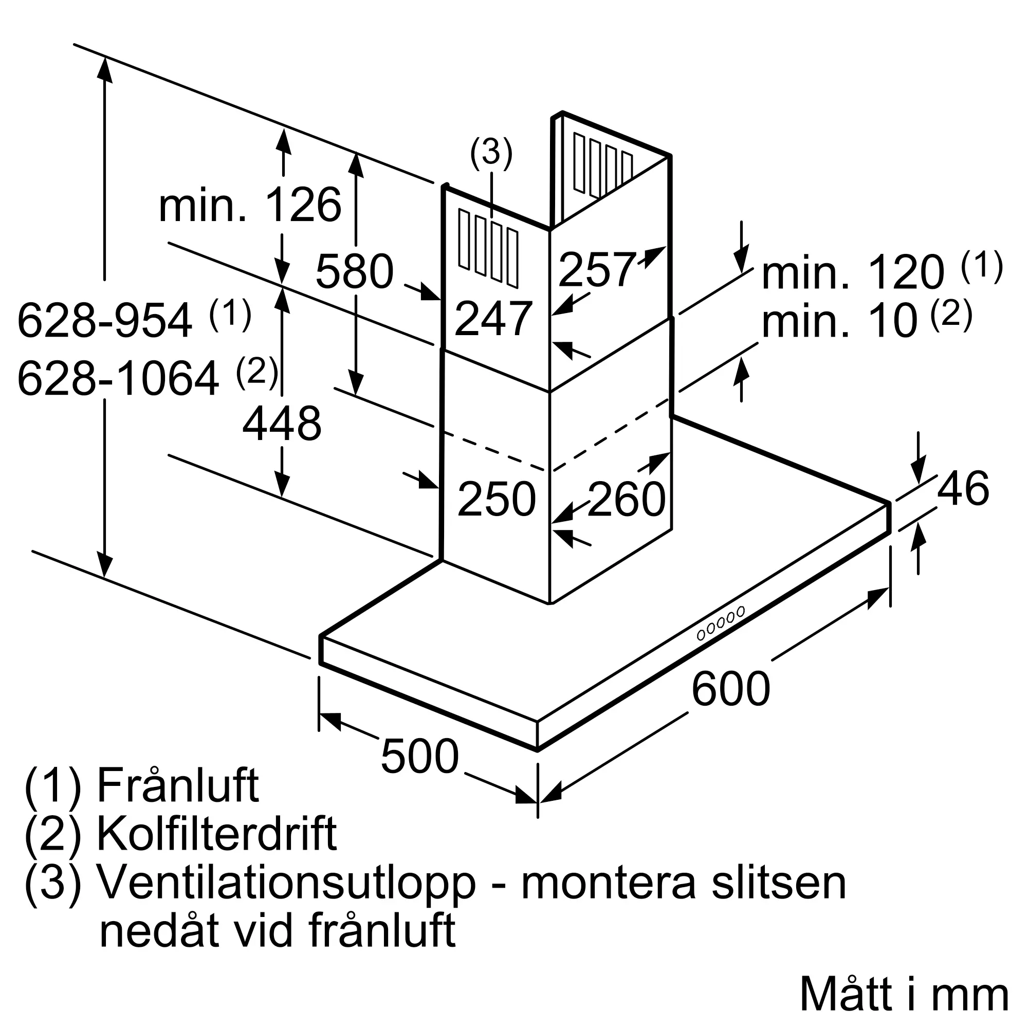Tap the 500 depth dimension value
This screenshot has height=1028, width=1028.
tap(419, 756)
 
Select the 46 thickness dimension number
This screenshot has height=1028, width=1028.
tap(963, 488)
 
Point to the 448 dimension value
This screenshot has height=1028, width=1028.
tap(282, 424)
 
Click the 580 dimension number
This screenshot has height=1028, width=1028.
tap(354, 271)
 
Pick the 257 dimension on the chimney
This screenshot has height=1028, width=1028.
tap(597, 269)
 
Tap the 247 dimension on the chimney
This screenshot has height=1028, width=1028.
tap(493, 318)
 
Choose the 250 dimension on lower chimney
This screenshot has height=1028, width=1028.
tap(497, 499)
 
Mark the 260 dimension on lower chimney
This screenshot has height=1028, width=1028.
tap(626, 499)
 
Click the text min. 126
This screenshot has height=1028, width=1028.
tap(250, 205)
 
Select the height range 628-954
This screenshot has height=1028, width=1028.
tap(105, 320)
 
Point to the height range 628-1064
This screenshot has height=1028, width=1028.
tap(118, 378)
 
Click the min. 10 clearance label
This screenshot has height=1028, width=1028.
tap(840, 321)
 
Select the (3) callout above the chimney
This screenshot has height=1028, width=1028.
tap(491, 153)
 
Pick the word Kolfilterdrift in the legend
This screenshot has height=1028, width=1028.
tap(216, 833)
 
